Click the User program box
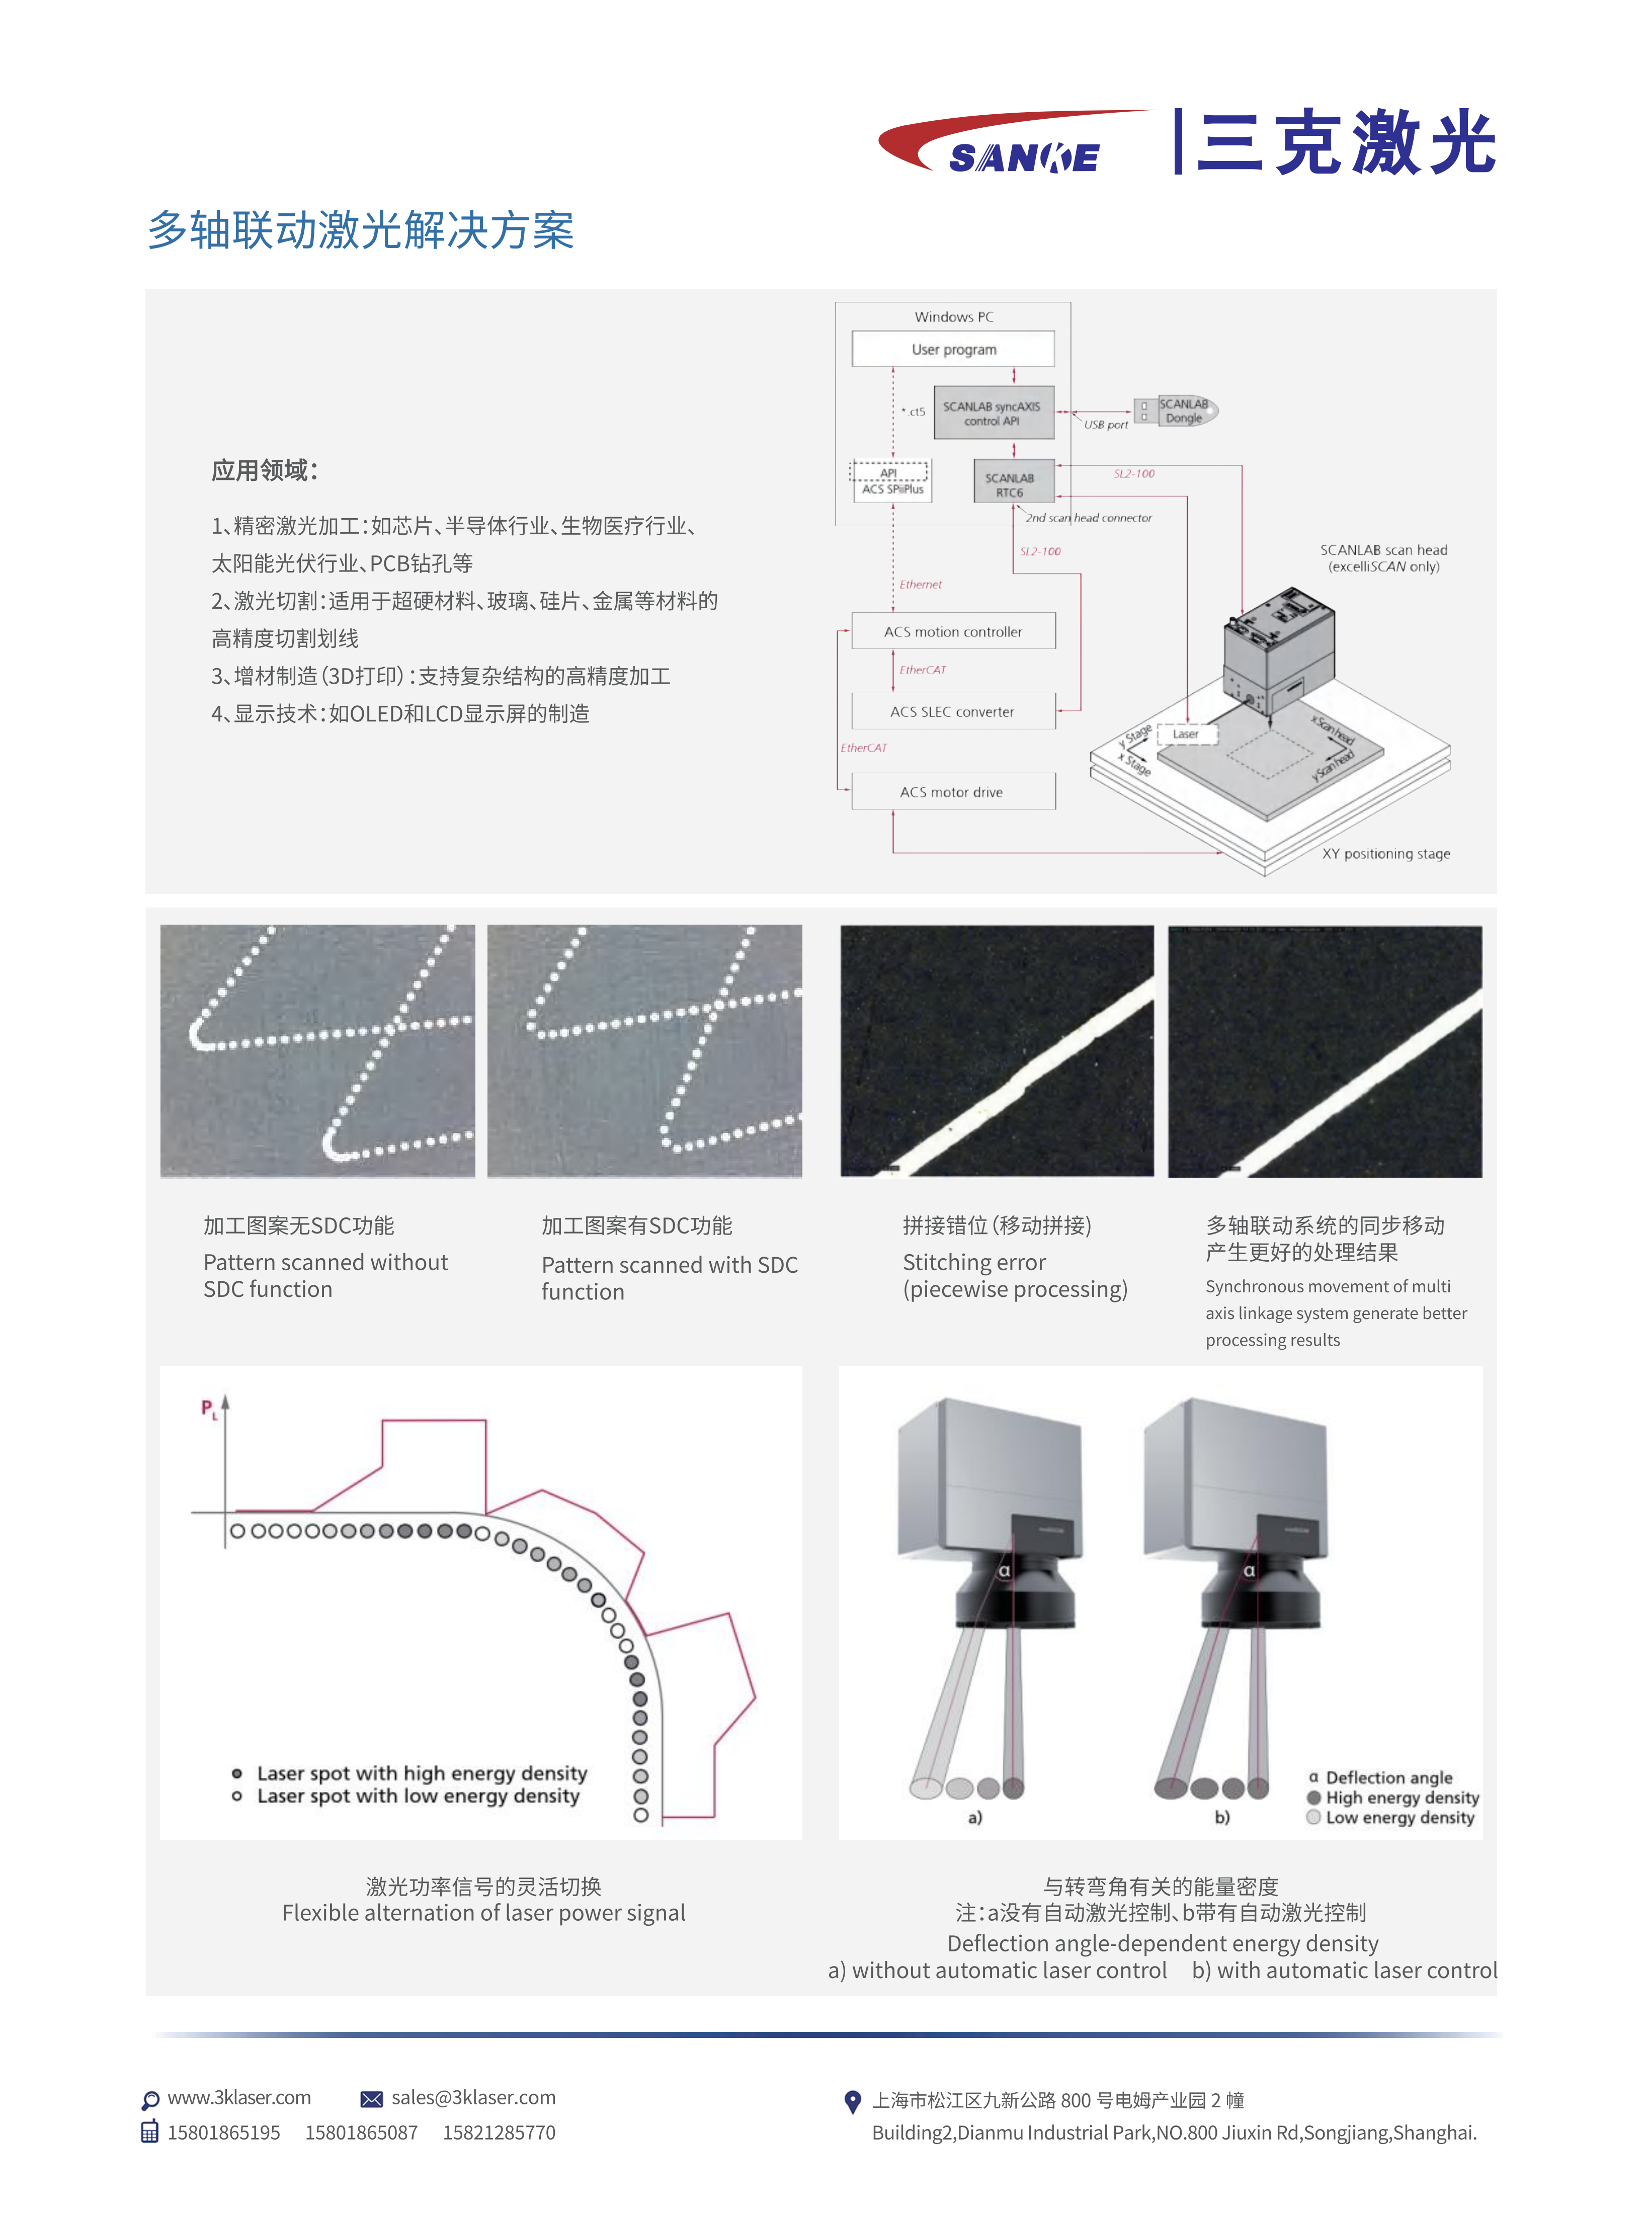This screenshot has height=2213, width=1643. click(953, 349)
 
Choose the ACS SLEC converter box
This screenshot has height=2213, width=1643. click(953, 711)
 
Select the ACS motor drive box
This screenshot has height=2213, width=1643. click(953, 792)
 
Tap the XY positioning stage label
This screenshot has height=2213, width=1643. click(1385, 853)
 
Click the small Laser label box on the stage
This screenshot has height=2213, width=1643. click(1186, 734)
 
